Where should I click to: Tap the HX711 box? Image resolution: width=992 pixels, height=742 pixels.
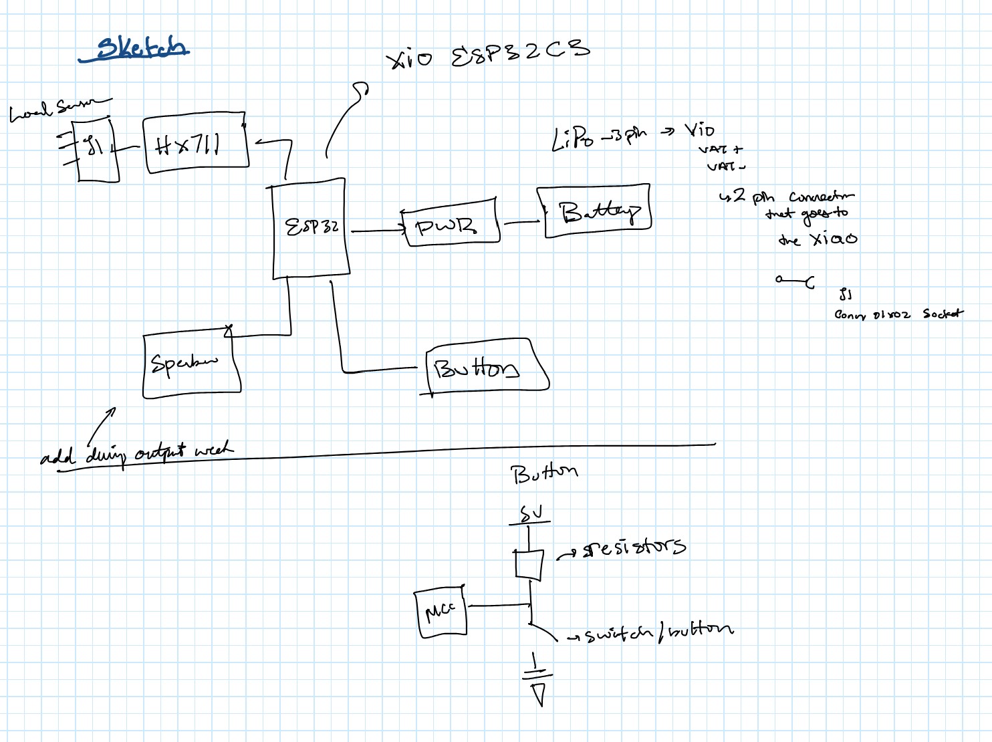(195, 144)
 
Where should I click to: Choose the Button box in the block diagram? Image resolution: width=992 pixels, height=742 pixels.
(485, 368)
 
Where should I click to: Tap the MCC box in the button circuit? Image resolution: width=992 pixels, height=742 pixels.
(440, 612)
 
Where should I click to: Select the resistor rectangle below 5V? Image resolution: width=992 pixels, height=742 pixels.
(529, 564)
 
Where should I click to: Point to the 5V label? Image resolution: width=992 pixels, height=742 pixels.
(531, 514)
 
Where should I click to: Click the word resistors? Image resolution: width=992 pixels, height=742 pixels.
(634, 547)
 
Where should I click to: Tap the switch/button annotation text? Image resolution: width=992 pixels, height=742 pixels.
(658, 632)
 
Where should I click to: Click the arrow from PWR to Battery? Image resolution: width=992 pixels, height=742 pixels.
(521, 223)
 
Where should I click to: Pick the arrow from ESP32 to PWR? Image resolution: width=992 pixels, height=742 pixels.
(378, 231)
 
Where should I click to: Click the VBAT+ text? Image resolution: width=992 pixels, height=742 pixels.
(721, 150)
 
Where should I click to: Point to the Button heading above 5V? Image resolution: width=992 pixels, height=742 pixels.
(543, 473)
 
